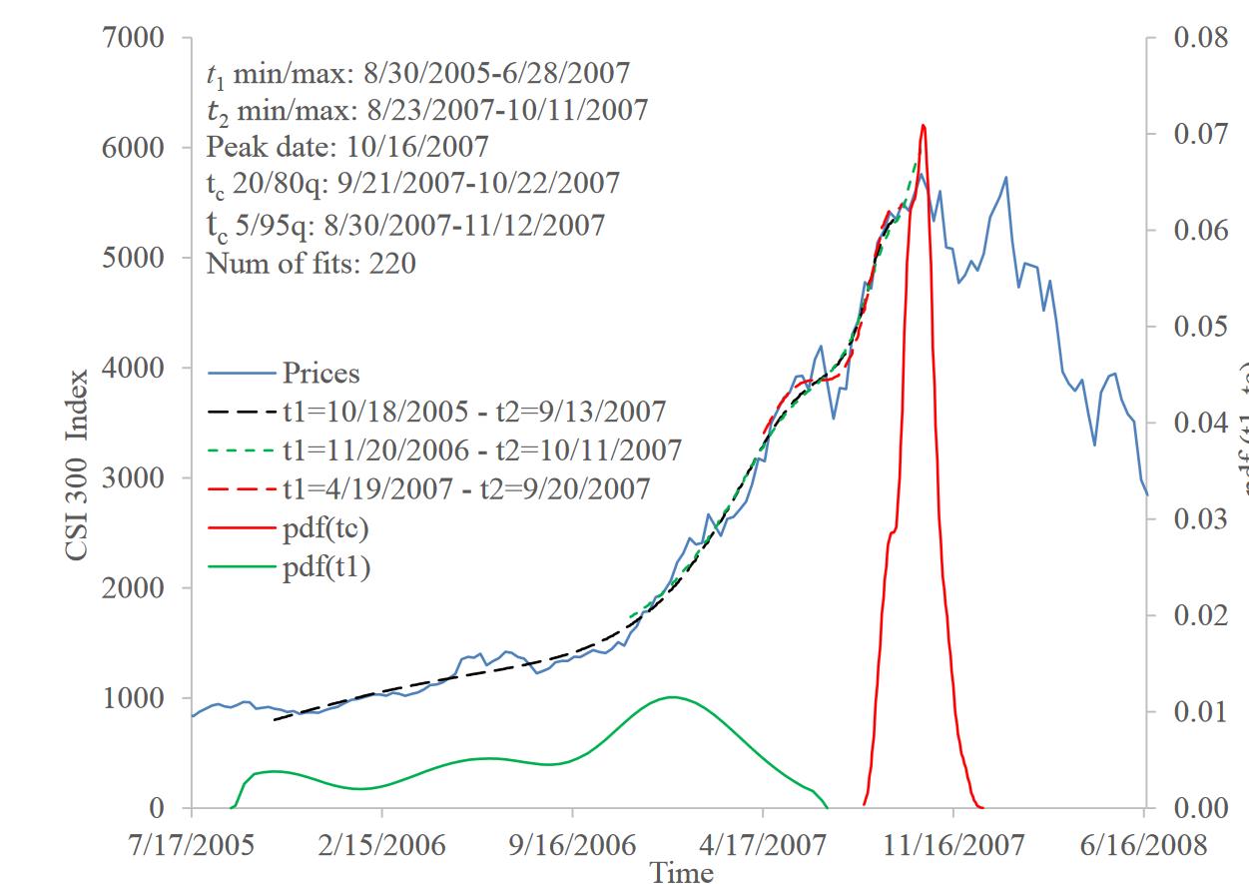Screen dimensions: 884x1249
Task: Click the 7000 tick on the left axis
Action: (135, 39)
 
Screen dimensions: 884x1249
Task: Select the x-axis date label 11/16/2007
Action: (953, 844)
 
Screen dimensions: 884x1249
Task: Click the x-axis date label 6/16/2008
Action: (1143, 844)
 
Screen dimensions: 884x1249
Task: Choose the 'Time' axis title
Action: (682, 872)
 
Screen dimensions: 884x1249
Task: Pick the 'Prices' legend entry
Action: (320, 373)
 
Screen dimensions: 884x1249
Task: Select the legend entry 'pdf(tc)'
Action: (320, 526)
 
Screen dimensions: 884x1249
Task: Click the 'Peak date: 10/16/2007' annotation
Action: (347, 147)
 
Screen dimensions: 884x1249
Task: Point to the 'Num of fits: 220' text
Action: (311, 264)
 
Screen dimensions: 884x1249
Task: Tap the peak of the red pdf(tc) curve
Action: (924, 126)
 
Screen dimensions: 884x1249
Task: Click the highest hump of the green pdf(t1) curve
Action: (671, 697)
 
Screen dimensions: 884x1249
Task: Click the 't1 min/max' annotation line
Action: (417, 73)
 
